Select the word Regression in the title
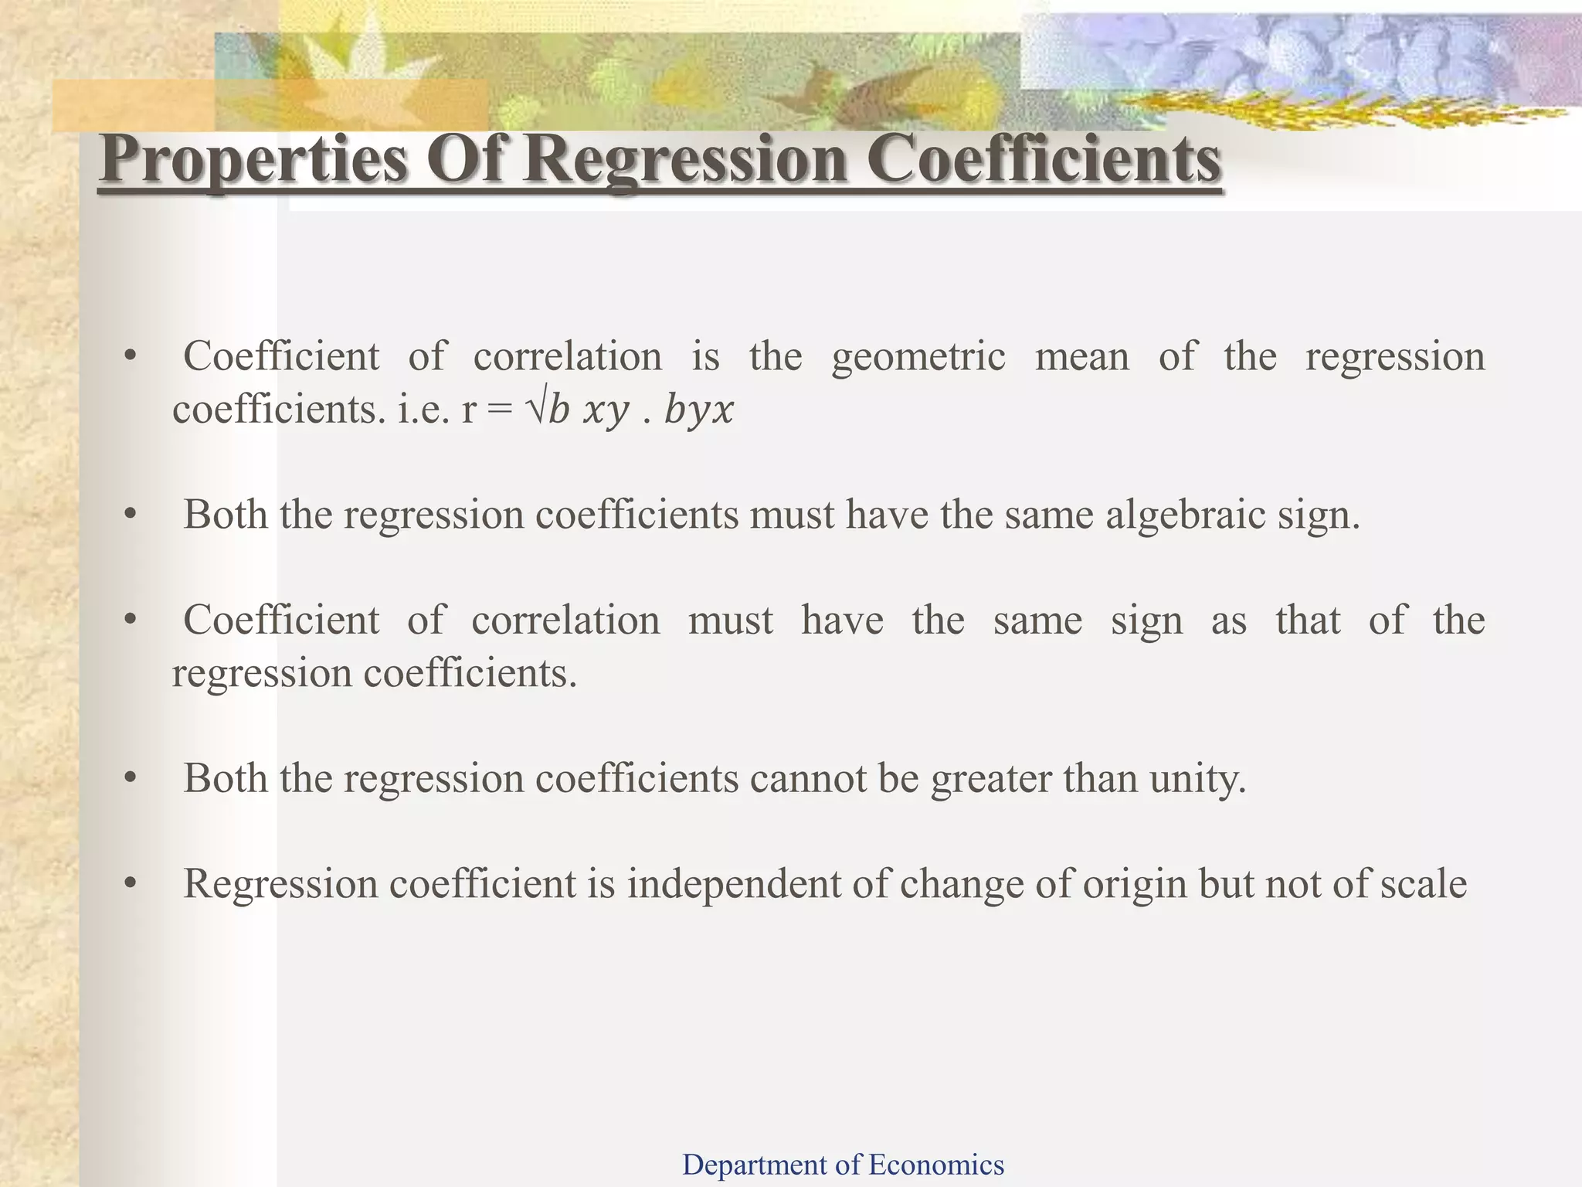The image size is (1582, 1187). (x=686, y=159)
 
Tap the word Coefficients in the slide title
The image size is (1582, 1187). (x=1044, y=159)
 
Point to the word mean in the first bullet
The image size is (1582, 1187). (x=1081, y=357)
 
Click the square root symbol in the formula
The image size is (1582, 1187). (x=535, y=409)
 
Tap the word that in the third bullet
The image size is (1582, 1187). (x=1308, y=621)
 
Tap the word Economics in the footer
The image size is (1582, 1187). (x=936, y=1164)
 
